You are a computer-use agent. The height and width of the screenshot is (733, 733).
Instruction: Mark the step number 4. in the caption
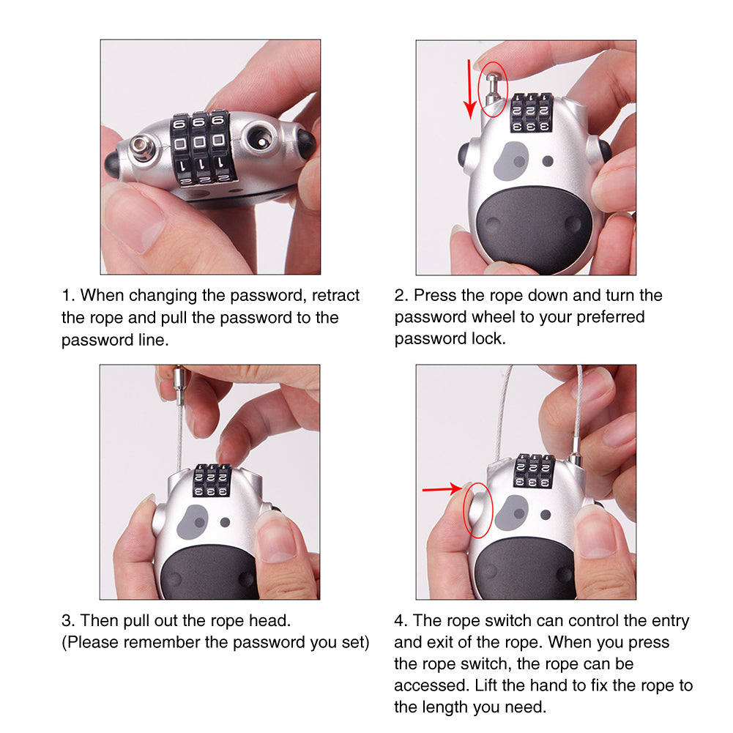point(401,621)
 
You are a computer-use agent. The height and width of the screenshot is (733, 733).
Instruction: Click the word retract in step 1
point(335,296)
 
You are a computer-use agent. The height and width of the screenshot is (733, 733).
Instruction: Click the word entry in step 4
point(668,621)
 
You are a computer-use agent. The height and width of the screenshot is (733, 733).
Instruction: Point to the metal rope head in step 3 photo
point(179,386)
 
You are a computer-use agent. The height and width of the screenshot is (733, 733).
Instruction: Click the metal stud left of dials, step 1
point(142,152)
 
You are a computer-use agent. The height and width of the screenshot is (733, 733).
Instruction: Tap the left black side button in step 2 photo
point(464,155)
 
